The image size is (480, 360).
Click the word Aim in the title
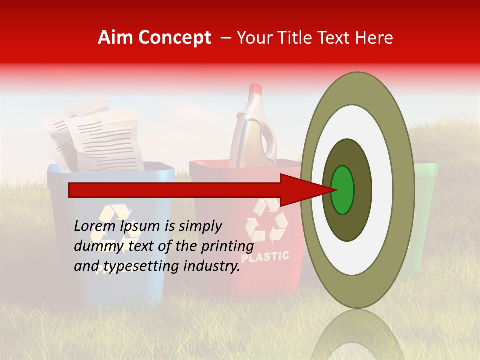click(116, 38)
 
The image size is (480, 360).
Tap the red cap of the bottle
click(255, 90)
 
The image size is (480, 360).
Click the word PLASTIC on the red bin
click(265, 257)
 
